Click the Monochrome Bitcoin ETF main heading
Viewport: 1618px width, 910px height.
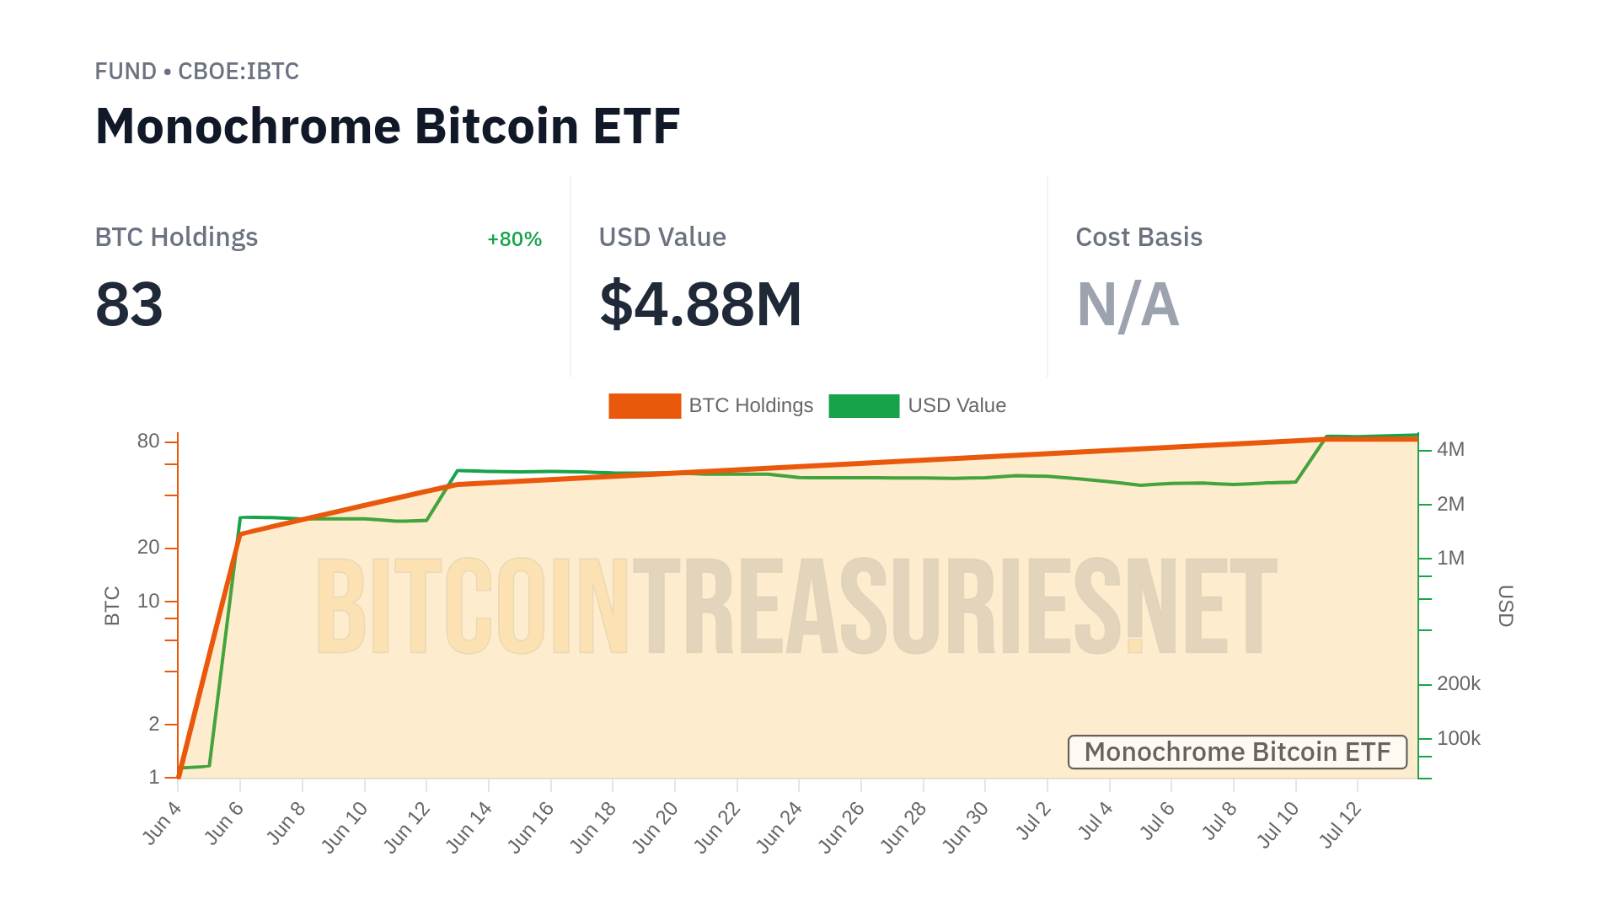[x=388, y=126]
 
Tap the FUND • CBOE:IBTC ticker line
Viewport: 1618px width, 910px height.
[x=196, y=72]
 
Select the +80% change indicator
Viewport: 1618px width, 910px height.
[x=514, y=239]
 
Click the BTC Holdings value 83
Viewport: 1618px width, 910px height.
[x=129, y=304]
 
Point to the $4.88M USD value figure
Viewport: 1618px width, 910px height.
[x=700, y=304]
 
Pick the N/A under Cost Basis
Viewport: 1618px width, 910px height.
[x=1128, y=304]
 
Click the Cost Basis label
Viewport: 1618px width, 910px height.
[x=1138, y=238]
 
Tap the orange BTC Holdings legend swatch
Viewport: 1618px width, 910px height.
[x=645, y=406]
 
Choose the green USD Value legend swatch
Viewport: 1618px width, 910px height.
[x=864, y=406]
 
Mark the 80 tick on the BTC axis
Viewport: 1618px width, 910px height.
[x=148, y=442]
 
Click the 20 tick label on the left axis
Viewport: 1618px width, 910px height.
[x=148, y=548]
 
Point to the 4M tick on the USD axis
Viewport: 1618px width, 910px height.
[x=1450, y=450]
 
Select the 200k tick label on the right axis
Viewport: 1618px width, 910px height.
[x=1458, y=684]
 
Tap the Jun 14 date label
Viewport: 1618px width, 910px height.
[x=469, y=827]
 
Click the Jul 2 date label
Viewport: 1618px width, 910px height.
[x=1034, y=822]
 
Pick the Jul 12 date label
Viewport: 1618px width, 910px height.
[x=1340, y=825]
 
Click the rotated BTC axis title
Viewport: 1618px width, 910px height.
[x=112, y=606]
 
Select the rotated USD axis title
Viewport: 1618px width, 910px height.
[x=1506, y=606]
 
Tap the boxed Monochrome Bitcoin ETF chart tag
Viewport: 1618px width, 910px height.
[x=1237, y=752]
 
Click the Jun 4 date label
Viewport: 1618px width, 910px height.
[x=162, y=823]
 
